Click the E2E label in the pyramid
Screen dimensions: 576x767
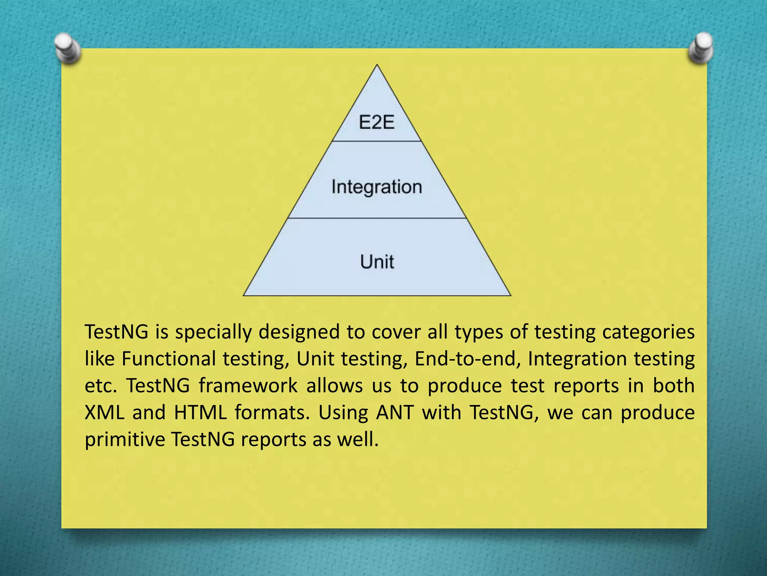pos(376,122)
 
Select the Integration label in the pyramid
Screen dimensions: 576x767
pos(376,187)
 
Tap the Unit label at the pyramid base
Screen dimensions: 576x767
pos(377,261)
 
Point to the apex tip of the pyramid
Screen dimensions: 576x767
pos(377,66)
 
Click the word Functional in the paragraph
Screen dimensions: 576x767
pos(169,358)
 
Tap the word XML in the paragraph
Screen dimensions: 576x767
pos(104,412)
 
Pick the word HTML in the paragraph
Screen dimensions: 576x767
pos(200,412)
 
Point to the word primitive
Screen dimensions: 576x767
pos(125,439)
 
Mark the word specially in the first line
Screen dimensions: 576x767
pos(213,332)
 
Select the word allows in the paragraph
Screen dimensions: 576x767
pos(334,385)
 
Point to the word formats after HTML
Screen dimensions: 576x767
pos(272,412)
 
